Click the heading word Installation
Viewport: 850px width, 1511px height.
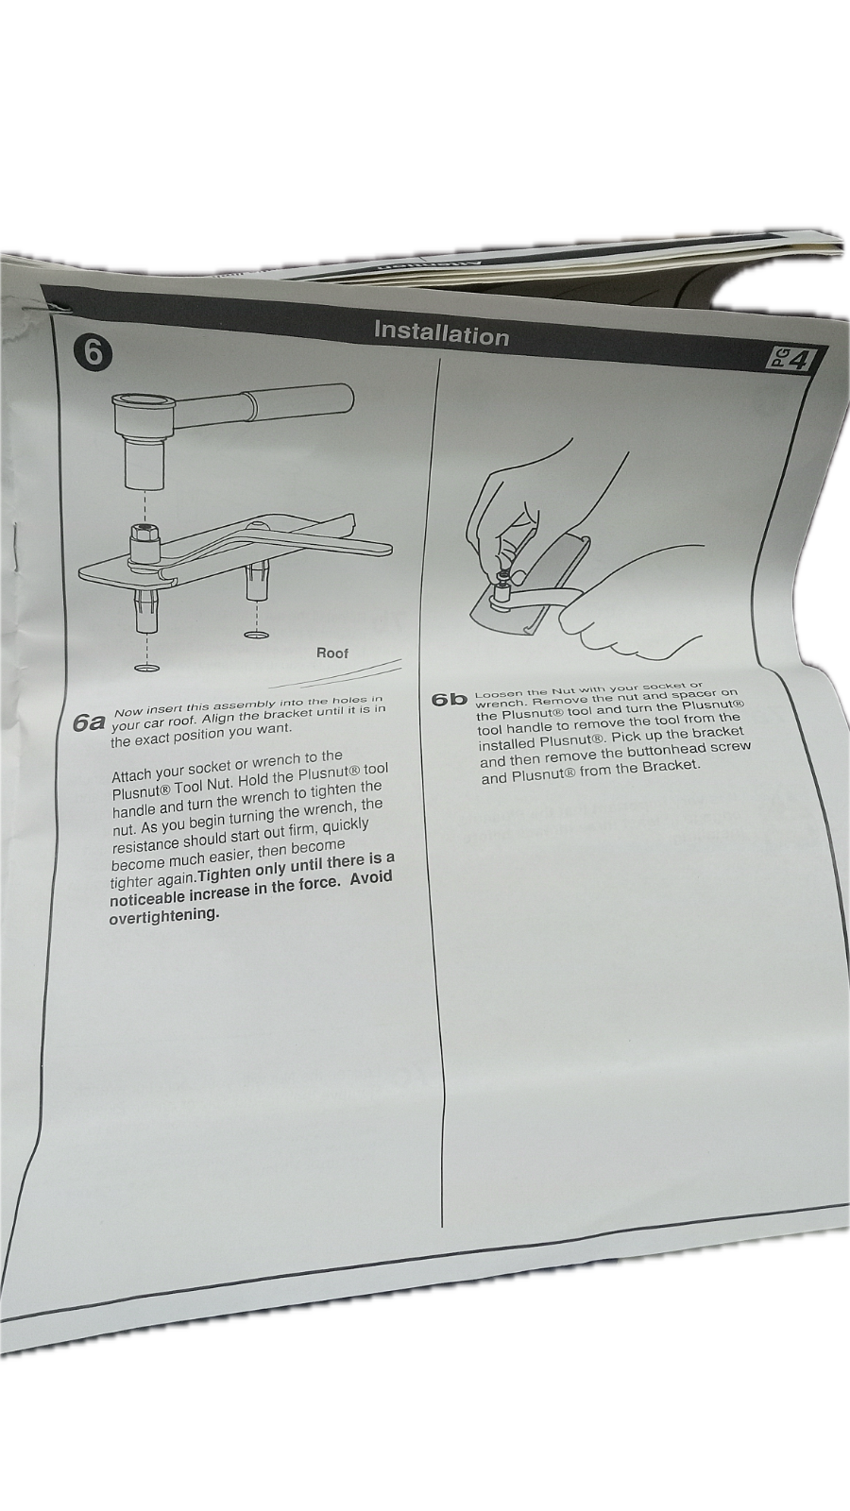point(441,333)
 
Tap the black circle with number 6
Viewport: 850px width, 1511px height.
point(93,353)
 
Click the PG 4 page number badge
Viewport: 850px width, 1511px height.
point(789,360)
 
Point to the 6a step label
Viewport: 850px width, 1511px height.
point(89,723)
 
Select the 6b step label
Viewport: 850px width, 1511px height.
point(449,700)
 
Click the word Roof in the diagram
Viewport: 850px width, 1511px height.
point(332,653)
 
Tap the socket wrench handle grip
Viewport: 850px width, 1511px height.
point(302,400)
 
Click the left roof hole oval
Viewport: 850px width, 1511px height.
point(147,668)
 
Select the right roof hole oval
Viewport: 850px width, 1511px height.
point(256,636)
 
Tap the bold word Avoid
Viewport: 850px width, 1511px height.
point(370,879)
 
